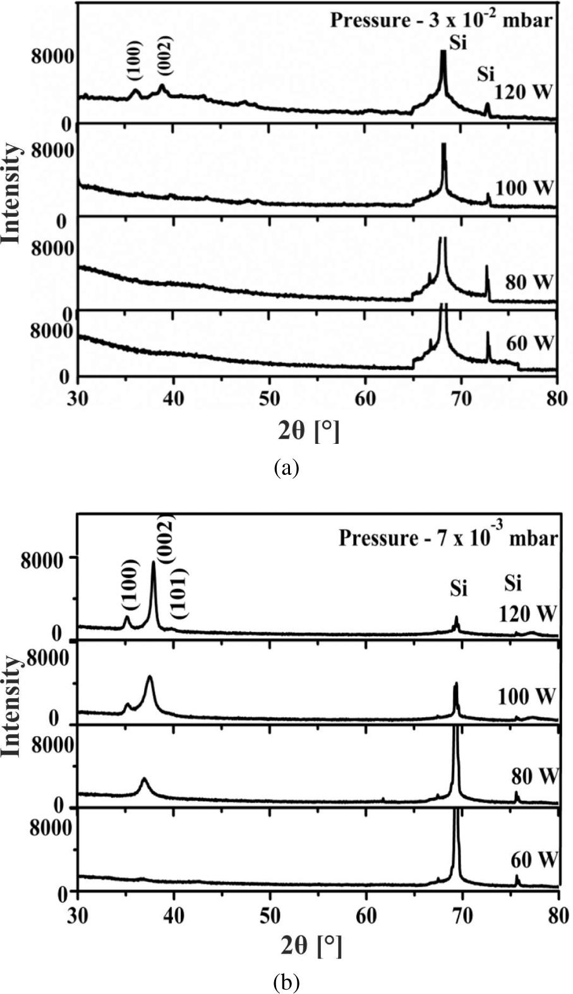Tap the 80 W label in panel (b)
[x=534, y=776]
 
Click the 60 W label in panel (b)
[x=534, y=860]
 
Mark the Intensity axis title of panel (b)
[x=11, y=705]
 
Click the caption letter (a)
[x=286, y=468]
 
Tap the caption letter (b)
[x=286, y=983]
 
